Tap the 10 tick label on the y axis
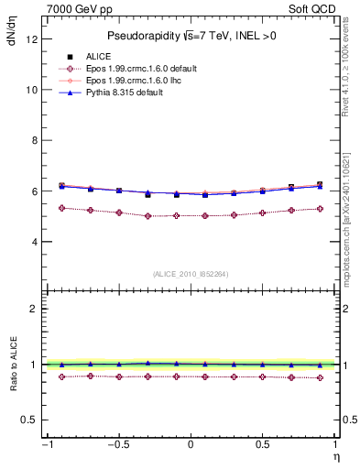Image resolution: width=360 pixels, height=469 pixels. (x=31, y=91)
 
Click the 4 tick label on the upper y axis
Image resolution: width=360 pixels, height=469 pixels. (x=34, y=243)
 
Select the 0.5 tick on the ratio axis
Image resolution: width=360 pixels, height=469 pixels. (x=29, y=420)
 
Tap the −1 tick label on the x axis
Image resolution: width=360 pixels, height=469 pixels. (x=46, y=445)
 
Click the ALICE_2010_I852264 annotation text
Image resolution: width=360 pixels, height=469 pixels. (x=190, y=274)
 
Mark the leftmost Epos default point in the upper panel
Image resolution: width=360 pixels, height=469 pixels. (x=61, y=208)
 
